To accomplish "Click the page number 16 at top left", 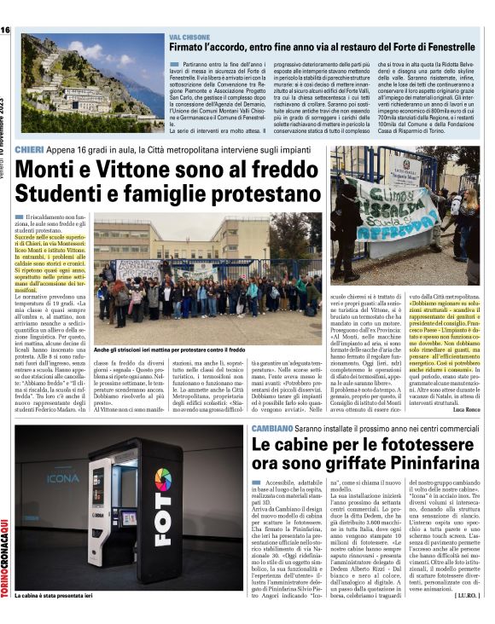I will pyautogui.click(x=5, y=30).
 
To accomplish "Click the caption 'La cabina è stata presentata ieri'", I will pyautogui.click(x=53, y=597).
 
